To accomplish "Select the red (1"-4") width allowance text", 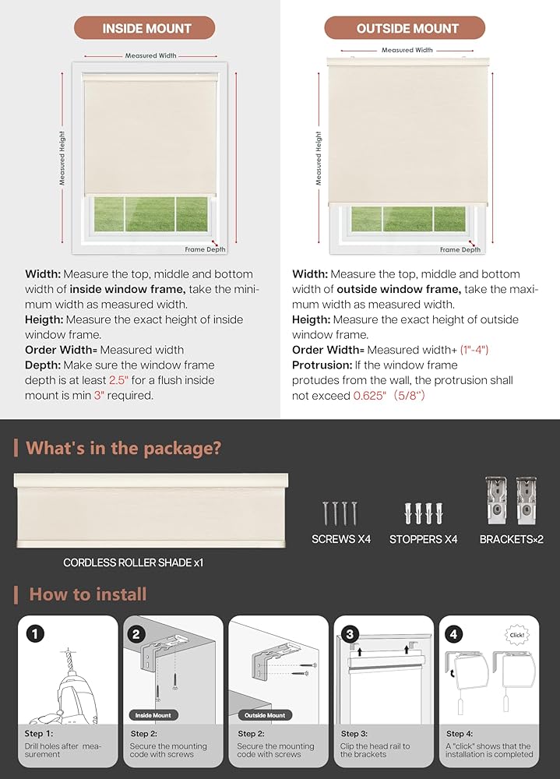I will (x=474, y=350).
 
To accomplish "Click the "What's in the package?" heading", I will (x=124, y=448).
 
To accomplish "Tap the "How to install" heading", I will (x=87, y=594).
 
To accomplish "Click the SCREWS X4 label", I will (x=341, y=539).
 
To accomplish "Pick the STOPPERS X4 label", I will (x=423, y=539).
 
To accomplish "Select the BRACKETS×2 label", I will (x=511, y=539).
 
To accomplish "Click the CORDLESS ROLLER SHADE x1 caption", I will (x=133, y=562).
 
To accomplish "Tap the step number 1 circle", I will (x=34, y=634).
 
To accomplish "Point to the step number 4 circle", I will (x=455, y=634).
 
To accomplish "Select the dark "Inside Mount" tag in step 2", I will (x=153, y=714).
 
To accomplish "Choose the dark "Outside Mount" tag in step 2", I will (x=265, y=714).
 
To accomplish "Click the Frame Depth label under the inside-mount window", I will (x=205, y=249).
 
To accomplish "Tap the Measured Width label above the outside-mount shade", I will (x=407, y=50).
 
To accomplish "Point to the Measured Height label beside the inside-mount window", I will (x=62, y=158).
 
